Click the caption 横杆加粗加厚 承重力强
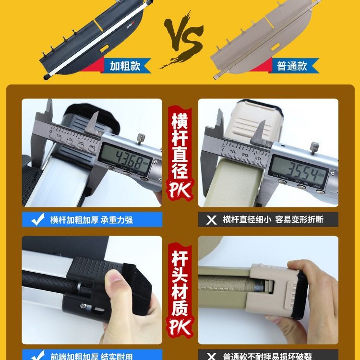(91, 220)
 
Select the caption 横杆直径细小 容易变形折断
(273, 220)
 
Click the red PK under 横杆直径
(180, 190)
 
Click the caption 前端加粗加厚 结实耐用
(91, 356)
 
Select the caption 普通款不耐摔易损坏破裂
(273, 356)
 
